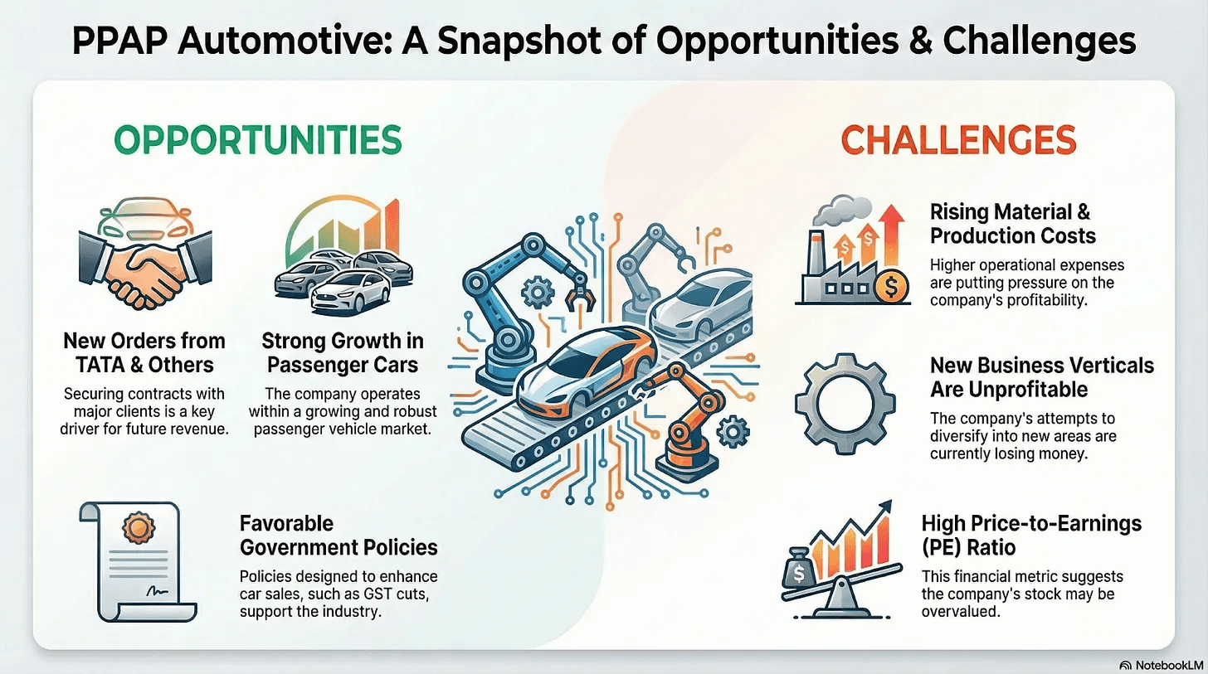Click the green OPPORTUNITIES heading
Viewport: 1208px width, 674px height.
pyautogui.click(x=257, y=140)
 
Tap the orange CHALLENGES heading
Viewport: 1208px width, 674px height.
pyautogui.click(x=958, y=140)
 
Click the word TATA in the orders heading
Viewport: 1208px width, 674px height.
pyautogui.click(x=100, y=365)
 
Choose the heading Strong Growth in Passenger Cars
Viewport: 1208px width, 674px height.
pyautogui.click(x=342, y=352)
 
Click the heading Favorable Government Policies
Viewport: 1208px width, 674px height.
pyautogui.click(x=339, y=536)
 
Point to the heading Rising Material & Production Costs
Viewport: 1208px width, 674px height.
pyautogui.click(x=1012, y=224)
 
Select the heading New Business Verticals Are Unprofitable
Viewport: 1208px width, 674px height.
pyautogui.click(x=1041, y=377)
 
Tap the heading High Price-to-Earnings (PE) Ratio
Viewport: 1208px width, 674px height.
pyautogui.click(x=1031, y=536)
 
